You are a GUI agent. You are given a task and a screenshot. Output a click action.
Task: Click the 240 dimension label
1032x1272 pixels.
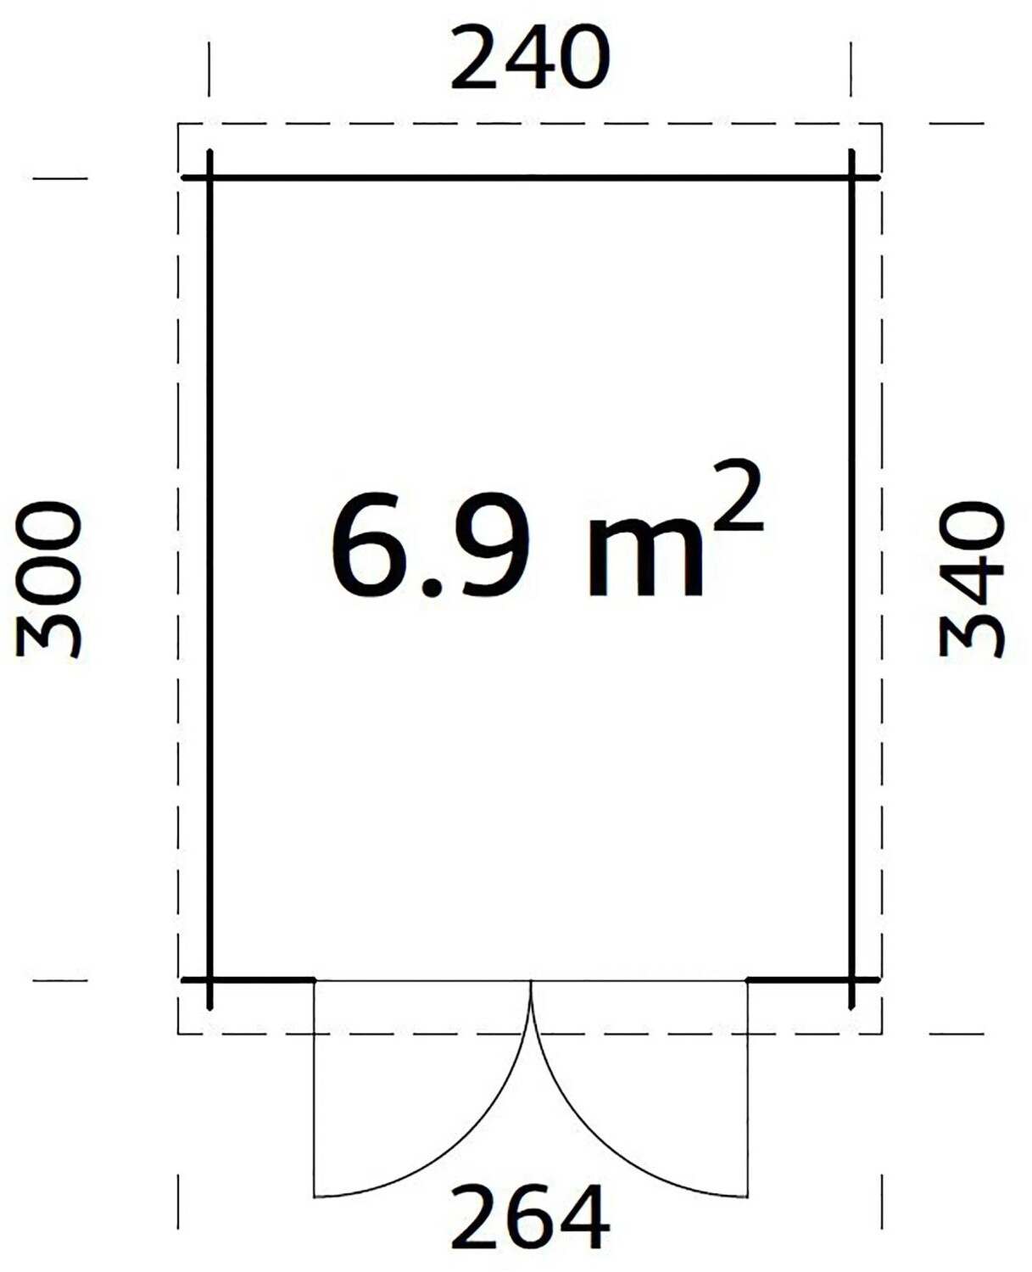point(530,59)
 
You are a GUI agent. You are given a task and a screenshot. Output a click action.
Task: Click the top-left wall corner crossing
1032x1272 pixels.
point(209,177)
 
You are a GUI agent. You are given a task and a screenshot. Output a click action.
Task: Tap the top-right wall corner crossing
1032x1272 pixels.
point(851,177)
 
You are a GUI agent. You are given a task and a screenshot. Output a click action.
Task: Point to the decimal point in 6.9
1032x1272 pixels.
point(431,587)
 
